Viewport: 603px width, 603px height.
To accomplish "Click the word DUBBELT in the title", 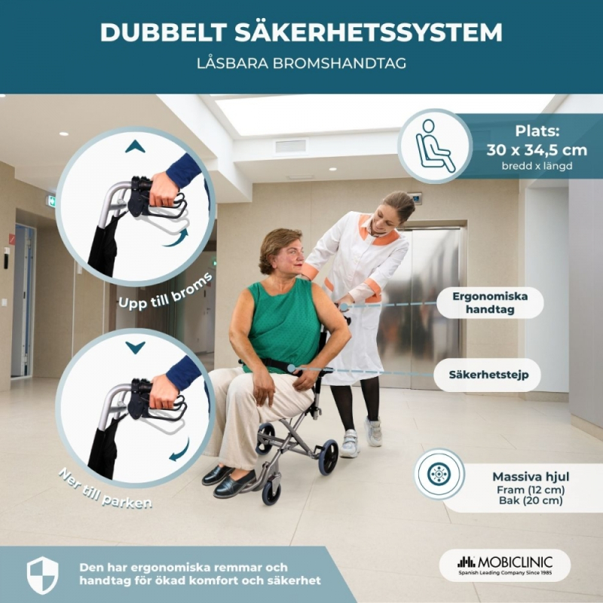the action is [163, 32].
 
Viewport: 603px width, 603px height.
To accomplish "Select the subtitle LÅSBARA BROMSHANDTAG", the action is [301, 63].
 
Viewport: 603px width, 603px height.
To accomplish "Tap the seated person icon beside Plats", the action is [435, 145].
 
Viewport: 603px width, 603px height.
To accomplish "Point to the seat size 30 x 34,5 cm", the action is [537, 149].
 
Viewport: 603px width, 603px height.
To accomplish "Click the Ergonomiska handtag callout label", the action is [490, 303].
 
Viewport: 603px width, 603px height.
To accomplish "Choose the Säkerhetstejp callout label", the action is [488, 375].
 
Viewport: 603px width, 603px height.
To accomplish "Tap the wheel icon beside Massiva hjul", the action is [439, 474].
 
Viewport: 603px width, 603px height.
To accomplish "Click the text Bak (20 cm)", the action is [531, 500].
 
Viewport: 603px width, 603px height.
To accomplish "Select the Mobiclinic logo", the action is [504, 565].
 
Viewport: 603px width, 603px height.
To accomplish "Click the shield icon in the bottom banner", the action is [43, 575].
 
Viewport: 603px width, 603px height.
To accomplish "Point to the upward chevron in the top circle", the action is [135, 146].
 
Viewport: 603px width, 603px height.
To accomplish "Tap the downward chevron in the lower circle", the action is [135, 347].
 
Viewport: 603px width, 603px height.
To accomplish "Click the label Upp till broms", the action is [165, 291].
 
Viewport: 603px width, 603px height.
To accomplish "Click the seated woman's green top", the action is [283, 323].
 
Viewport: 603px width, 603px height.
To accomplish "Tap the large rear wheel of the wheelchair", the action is [328, 457].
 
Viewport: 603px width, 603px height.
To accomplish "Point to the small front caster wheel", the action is [271, 493].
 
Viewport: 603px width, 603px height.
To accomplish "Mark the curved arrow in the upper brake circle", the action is [176, 237].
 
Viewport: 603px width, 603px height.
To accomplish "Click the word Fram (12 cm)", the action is [531, 490].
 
